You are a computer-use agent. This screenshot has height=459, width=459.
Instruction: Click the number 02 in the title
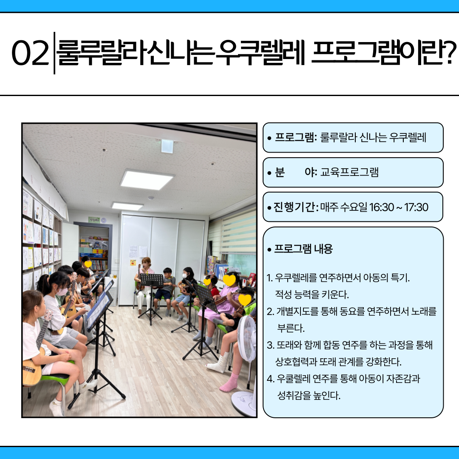(x=30, y=53)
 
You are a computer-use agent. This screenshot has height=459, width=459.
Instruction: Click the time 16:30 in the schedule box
(x=381, y=207)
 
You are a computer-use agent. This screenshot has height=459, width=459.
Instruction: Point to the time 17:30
(x=416, y=207)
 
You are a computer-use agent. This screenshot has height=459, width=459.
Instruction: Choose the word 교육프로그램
(x=349, y=172)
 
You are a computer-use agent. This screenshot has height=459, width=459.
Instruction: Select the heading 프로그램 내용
(x=303, y=249)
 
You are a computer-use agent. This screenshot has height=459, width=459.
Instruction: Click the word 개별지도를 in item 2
(x=297, y=312)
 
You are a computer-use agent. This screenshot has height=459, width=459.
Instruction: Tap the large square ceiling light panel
(x=147, y=179)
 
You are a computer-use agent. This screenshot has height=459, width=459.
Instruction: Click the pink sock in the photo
(x=229, y=382)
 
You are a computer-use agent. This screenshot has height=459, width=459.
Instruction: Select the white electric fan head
(x=246, y=338)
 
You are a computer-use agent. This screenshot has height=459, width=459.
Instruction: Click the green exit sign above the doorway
(x=94, y=220)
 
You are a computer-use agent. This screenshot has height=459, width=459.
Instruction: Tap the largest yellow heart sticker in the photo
(x=229, y=280)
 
